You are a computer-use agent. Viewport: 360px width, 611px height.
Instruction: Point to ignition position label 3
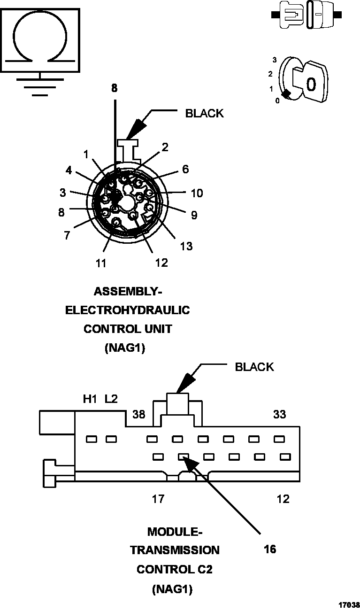click(x=274, y=60)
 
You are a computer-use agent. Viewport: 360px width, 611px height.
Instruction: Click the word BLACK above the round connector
click(x=204, y=113)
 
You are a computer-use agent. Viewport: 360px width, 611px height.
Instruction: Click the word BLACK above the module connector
click(x=254, y=367)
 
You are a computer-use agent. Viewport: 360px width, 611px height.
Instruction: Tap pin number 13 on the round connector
click(x=186, y=246)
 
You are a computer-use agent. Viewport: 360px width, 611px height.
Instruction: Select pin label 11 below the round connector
click(x=101, y=263)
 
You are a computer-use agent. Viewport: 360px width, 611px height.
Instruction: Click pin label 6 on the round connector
click(x=185, y=169)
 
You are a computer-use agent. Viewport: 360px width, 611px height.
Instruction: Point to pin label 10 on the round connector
click(x=197, y=193)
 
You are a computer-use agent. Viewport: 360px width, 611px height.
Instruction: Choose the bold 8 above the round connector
click(x=115, y=88)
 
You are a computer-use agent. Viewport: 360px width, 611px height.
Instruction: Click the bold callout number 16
click(x=270, y=549)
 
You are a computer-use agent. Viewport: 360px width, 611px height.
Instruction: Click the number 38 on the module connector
click(x=138, y=414)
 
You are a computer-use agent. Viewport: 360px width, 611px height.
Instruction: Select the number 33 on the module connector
click(x=280, y=414)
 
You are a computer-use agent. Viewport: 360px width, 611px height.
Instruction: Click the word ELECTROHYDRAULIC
click(x=127, y=310)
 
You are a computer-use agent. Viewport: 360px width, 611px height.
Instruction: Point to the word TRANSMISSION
click(x=175, y=550)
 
